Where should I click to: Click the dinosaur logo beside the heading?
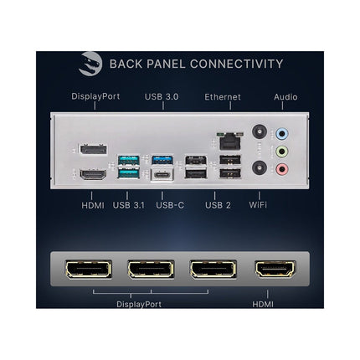[x=90, y=64]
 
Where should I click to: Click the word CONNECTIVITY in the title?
[x=237, y=64]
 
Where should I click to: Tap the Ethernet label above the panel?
[x=223, y=97]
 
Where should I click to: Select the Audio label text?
[x=285, y=97]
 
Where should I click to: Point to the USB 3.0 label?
[x=162, y=96]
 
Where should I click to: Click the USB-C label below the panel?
[x=170, y=205]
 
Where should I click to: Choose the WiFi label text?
[x=258, y=205]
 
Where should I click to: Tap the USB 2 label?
[x=218, y=205]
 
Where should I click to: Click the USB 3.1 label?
[x=129, y=205]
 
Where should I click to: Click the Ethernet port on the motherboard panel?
[x=230, y=141]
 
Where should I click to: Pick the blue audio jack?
[x=282, y=134]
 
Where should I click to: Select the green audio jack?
[x=282, y=152]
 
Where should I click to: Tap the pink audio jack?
[x=282, y=169]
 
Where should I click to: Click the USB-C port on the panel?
[x=162, y=175]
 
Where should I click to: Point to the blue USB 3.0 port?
[x=162, y=160]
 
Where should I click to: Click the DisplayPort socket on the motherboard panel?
[x=94, y=150]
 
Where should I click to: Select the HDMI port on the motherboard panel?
[x=93, y=174]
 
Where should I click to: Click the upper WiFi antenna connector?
[x=260, y=131]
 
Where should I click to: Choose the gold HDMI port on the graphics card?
[x=275, y=269]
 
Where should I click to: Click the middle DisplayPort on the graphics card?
[x=151, y=270]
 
